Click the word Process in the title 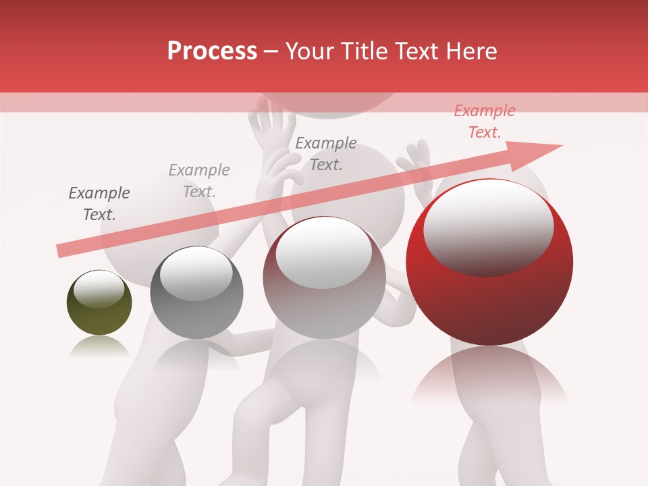(x=212, y=51)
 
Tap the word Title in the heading (x=363, y=51)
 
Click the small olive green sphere (x=99, y=302)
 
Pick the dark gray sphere (x=196, y=292)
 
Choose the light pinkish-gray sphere (x=324, y=277)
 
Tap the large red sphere (x=489, y=263)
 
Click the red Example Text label (x=484, y=122)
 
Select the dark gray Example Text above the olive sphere (x=99, y=204)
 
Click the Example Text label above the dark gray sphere (x=199, y=180)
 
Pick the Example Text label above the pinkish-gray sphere (x=326, y=153)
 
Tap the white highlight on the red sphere (x=488, y=227)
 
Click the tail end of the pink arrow (x=63, y=250)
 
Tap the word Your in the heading (x=309, y=51)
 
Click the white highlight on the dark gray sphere (x=196, y=273)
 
